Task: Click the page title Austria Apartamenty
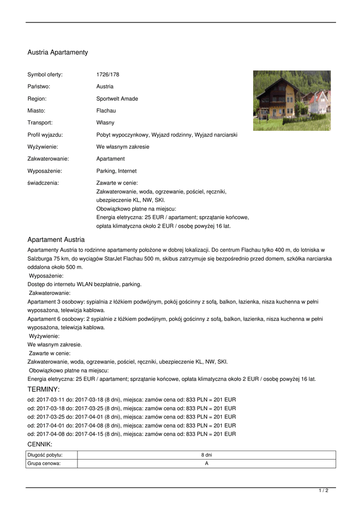tap(57, 52)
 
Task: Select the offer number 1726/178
tap(108, 74)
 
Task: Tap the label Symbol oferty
tap(45, 74)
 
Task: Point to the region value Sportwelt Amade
tap(117, 99)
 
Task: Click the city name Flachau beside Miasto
tap(106, 111)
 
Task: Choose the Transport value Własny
tap(105, 123)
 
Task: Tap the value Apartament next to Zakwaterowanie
tap(110, 159)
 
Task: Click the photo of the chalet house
tap(292, 100)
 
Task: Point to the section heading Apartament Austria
tap(56, 240)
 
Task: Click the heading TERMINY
tap(43, 389)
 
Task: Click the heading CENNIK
tap(40, 444)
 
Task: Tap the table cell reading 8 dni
tap(206, 455)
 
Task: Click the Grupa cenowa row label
tap(44, 464)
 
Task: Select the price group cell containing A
tap(206, 464)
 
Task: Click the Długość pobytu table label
tap(45, 455)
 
